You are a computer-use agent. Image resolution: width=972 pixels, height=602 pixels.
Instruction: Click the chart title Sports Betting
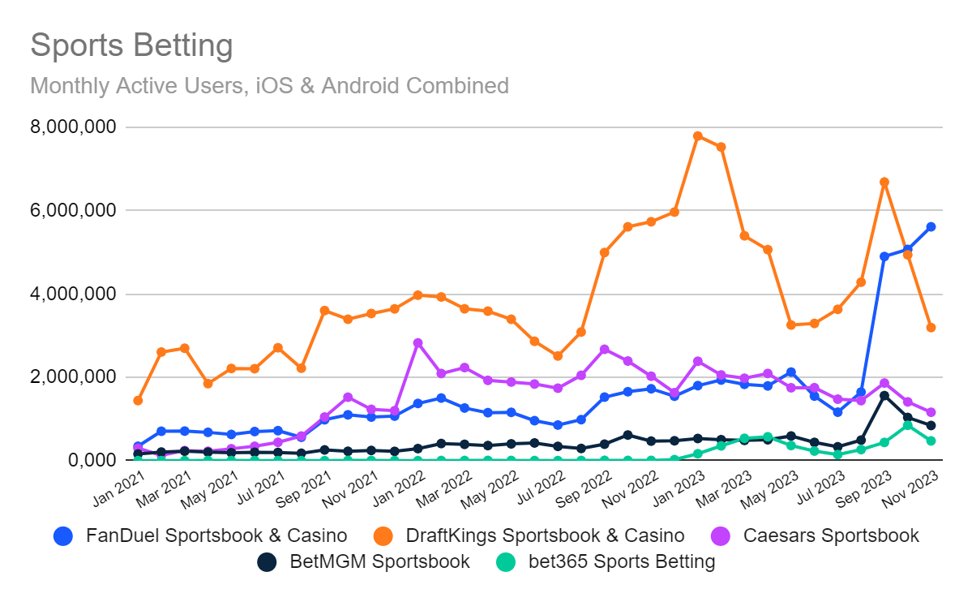point(131,46)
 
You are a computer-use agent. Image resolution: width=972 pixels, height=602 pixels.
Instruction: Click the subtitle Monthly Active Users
point(269,85)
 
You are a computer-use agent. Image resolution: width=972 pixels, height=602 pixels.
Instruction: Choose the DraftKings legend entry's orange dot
point(383,535)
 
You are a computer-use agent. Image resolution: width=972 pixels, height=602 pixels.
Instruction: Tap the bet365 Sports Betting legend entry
point(621,561)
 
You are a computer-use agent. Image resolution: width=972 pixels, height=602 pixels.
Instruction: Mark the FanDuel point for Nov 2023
point(931,226)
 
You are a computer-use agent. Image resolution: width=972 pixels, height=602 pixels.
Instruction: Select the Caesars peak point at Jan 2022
point(417,343)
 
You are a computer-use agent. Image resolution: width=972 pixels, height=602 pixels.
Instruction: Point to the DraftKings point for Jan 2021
point(138,400)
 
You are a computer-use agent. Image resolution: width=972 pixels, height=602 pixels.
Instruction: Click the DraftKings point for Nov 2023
point(931,327)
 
